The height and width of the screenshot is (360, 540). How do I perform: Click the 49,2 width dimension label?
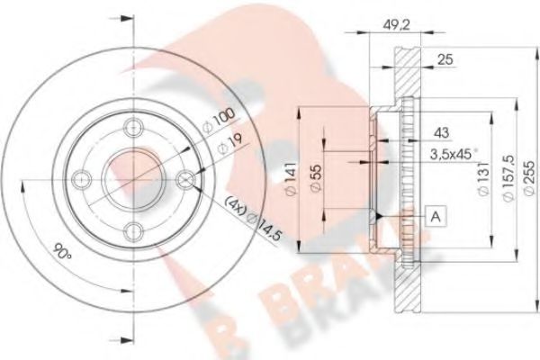[x=396, y=24]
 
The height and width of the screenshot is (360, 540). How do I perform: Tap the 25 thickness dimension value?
[x=445, y=59]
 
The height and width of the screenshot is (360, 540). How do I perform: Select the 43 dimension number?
[x=441, y=132]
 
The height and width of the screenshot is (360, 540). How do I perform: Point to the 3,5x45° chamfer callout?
[x=454, y=154]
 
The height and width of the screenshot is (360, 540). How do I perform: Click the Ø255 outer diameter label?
[x=529, y=178]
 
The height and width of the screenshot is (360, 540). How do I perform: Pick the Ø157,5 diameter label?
[x=508, y=178]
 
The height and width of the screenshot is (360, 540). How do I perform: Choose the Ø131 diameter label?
[x=483, y=178]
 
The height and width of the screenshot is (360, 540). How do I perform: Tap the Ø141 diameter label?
[x=291, y=179]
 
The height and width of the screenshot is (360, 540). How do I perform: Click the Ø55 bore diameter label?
[x=315, y=179]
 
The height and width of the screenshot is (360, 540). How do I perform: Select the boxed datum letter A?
[x=436, y=216]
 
